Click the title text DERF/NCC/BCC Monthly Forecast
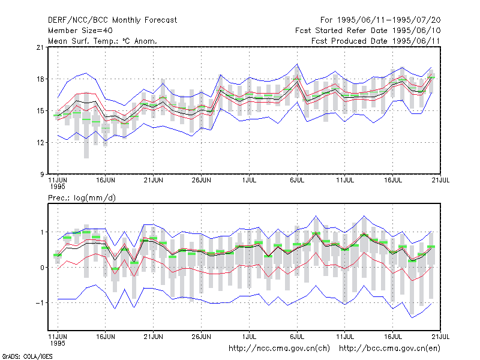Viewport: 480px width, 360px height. [112, 20]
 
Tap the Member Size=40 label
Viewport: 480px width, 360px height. [80, 31]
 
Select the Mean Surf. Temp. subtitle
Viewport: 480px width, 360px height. [102, 41]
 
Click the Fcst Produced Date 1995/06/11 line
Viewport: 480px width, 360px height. [376, 41]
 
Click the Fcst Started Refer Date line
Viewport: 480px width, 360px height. [368, 31]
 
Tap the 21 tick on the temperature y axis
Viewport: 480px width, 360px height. [40, 47]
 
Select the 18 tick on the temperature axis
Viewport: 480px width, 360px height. [40, 79]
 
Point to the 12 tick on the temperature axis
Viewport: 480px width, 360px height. [40, 143]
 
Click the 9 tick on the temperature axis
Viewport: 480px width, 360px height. [42, 175]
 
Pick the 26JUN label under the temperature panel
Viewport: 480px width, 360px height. [201, 180]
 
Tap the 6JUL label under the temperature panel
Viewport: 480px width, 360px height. [297, 180]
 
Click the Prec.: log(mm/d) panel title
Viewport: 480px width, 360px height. [82, 198]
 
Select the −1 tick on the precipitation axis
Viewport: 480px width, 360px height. [40, 303]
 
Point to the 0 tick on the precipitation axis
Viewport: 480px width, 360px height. [42, 268]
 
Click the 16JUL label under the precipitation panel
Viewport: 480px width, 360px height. [393, 337]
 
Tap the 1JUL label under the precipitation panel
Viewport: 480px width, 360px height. [249, 337]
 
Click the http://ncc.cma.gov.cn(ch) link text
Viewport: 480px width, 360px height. [279, 349]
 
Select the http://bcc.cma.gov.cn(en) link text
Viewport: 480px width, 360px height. [389, 349]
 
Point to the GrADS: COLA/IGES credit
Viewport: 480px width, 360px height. [27, 356]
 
